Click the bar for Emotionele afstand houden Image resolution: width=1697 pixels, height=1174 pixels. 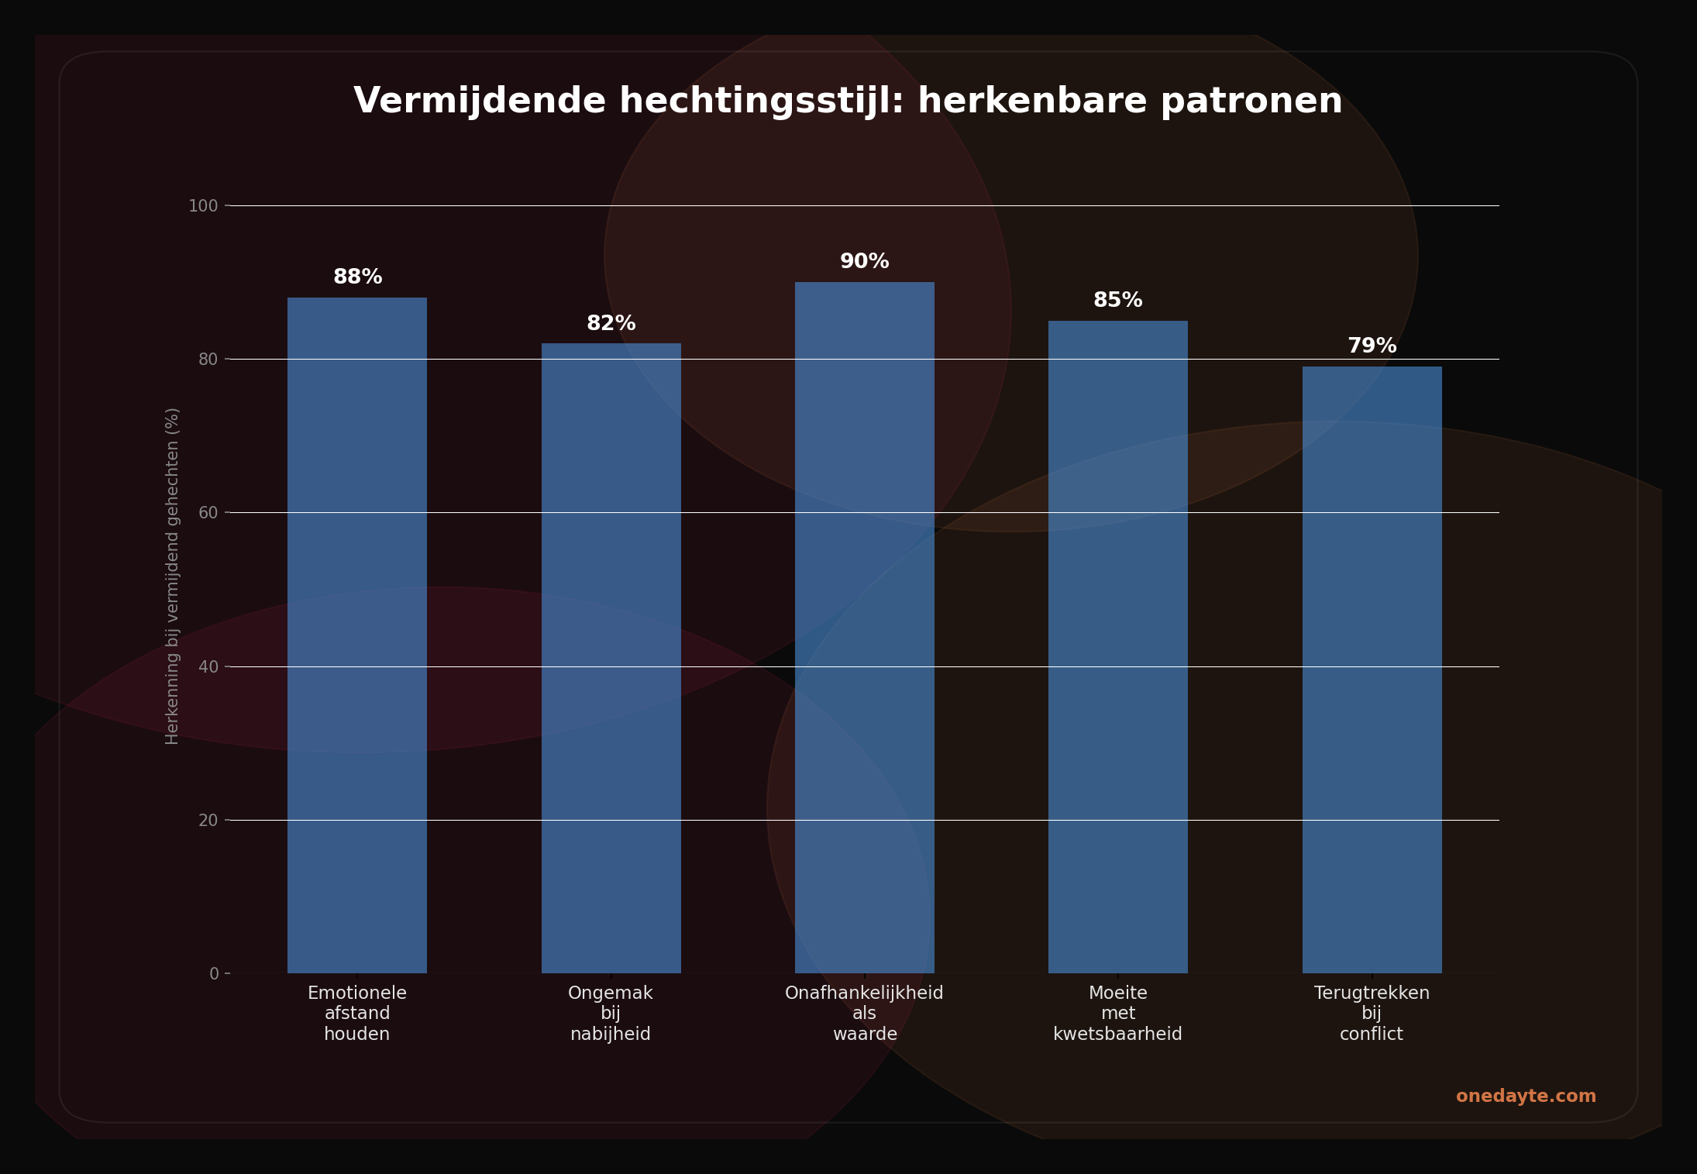pyautogui.click(x=357, y=635)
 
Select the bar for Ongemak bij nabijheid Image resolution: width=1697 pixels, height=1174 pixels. pyautogui.click(x=611, y=659)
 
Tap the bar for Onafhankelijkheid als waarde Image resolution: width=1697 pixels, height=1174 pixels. pyautogui.click(x=864, y=628)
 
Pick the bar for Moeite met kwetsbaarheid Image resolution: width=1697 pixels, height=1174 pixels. pyautogui.click(x=1117, y=647)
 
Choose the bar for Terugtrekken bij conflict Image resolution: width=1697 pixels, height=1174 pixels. pyautogui.click(x=1372, y=670)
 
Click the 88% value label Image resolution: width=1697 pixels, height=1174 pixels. pyautogui.click(x=357, y=277)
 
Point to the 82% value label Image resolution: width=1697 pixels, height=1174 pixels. pyautogui.click(x=611, y=324)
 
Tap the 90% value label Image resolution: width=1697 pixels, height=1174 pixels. pyautogui.click(x=864, y=262)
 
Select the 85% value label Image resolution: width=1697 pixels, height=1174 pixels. pyautogui.click(x=1117, y=301)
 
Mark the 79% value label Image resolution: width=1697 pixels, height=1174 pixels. pyautogui.click(x=1372, y=346)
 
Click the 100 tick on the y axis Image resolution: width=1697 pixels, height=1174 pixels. pyautogui.click(x=203, y=206)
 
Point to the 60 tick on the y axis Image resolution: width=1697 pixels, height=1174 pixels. pyautogui.click(x=208, y=513)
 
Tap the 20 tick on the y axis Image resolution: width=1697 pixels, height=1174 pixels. pyautogui.click(x=208, y=821)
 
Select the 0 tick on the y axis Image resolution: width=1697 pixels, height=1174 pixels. pyautogui.click(x=214, y=974)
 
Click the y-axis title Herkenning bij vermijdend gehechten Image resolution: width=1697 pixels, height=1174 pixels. pyautogui.click(x=172, y=576)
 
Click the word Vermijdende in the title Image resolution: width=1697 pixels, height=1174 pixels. pyautogui.click(x=479, y=102)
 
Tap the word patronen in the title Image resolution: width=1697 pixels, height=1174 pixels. pyautogui.click(x=1251, y=102)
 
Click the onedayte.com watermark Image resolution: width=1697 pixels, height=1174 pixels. pyautogui.click(x=1526, y=1097)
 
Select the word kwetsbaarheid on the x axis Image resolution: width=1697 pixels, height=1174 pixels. pyautogui.click(x=1117, y=1035)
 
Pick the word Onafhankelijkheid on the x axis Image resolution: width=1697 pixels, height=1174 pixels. pyautogui.click(x=864, y=993)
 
